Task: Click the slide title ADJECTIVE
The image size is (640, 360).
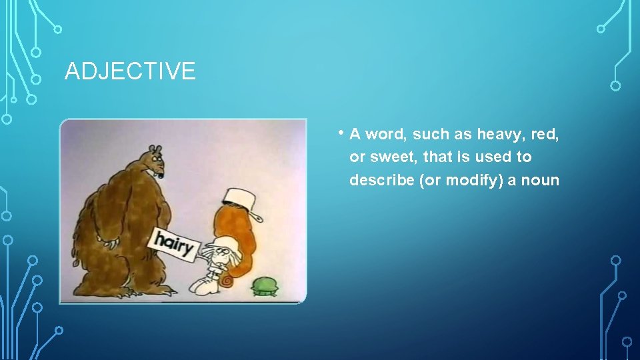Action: click(130, 71)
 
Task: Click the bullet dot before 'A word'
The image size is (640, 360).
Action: click(341, 132)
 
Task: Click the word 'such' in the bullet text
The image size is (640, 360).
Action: click(431, 134)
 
